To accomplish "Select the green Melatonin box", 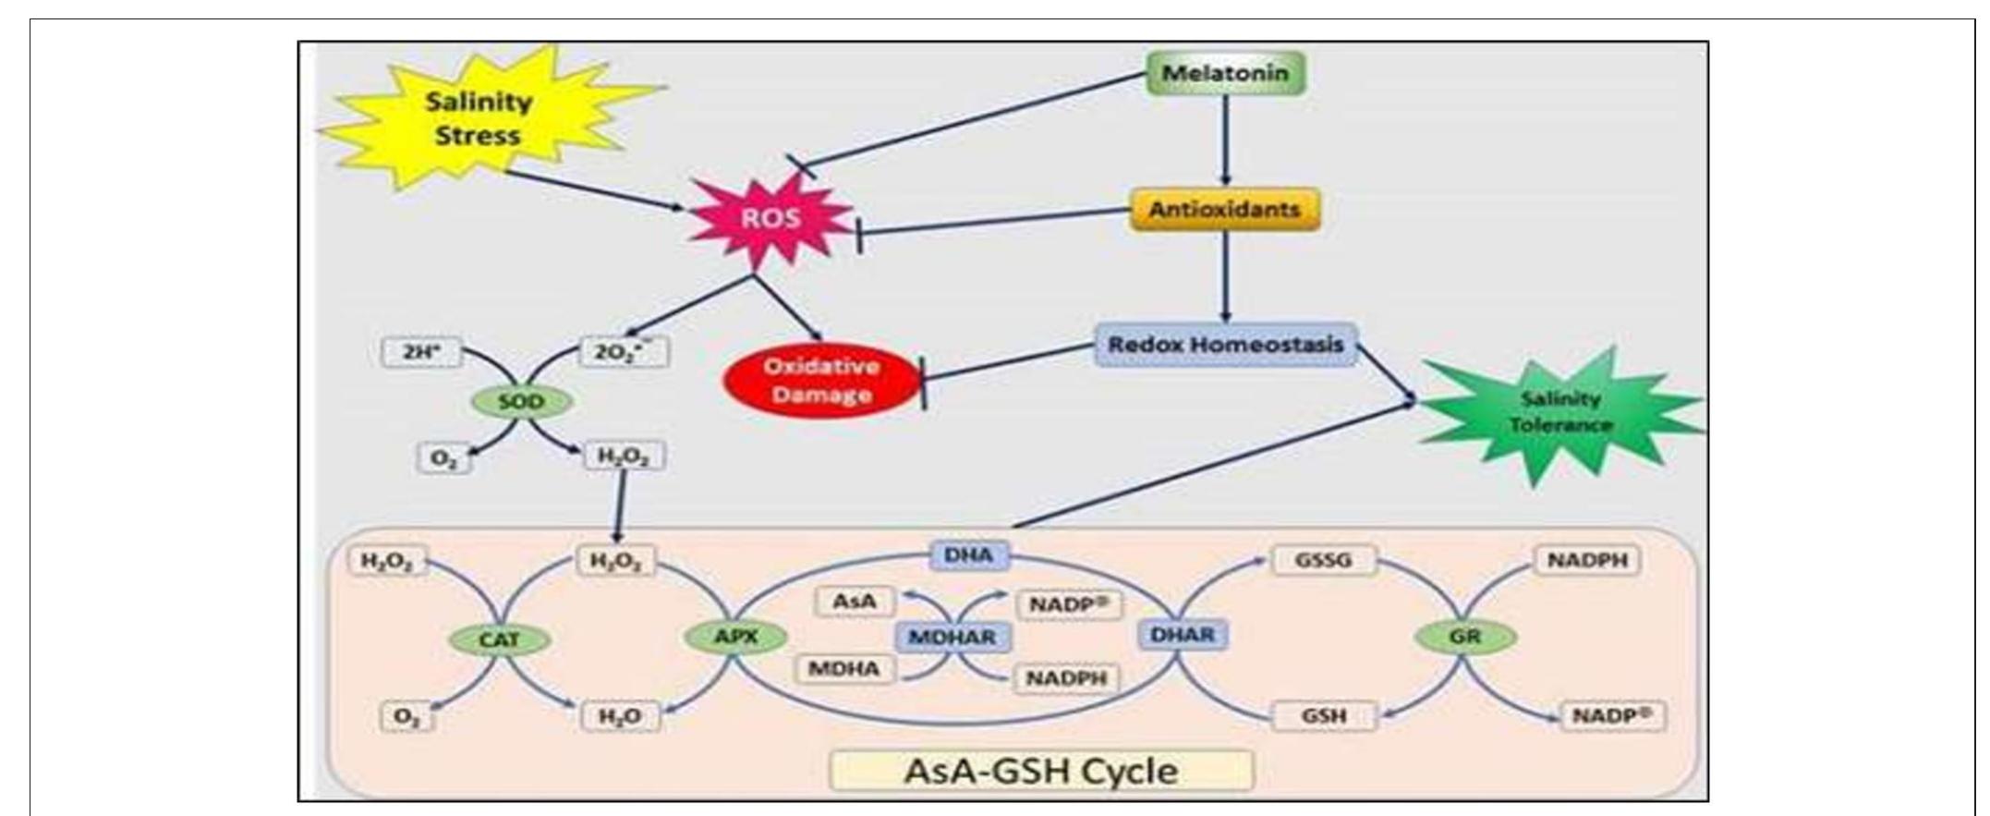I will [1225, 73].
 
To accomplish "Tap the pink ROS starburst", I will [771, 219].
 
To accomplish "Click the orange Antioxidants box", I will [1225, 210].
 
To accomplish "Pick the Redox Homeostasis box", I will [1225, 345].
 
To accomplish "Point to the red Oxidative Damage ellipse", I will [821, 381].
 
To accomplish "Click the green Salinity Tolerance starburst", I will [1559, 412].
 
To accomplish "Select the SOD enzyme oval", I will [521, 402].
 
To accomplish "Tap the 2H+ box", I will [421, 353].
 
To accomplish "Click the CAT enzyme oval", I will [499, 639].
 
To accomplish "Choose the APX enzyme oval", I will [735, 637].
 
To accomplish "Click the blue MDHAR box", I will [953, 637].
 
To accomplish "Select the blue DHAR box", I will [1183, 635].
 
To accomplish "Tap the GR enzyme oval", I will [1465, 637].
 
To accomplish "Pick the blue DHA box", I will [968, 555].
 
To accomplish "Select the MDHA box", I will [844, 669].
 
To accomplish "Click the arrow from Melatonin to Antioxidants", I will [1226, 139].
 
